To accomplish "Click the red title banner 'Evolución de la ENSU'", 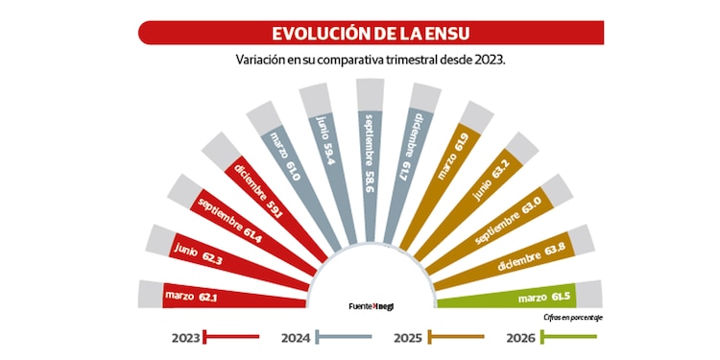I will (371, 33).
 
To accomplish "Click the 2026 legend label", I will (520, 337).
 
